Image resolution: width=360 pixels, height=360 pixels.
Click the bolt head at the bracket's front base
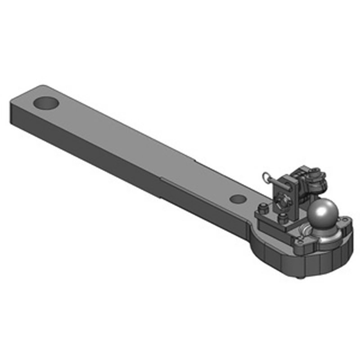pyautogui.click(x=283, y=219)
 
